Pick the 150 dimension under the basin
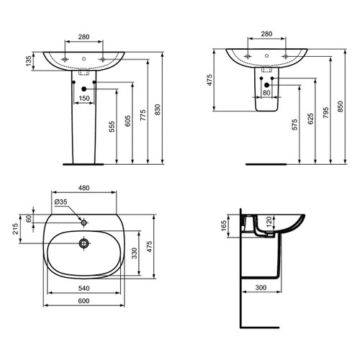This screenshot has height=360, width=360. [84, 97]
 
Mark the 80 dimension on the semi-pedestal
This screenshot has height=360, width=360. [266, 92]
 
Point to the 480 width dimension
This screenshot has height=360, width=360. [84, 189]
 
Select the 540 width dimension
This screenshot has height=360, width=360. [84, 287]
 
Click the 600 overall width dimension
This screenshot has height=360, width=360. [84, 302]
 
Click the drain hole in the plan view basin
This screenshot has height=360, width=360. [84, 243]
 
